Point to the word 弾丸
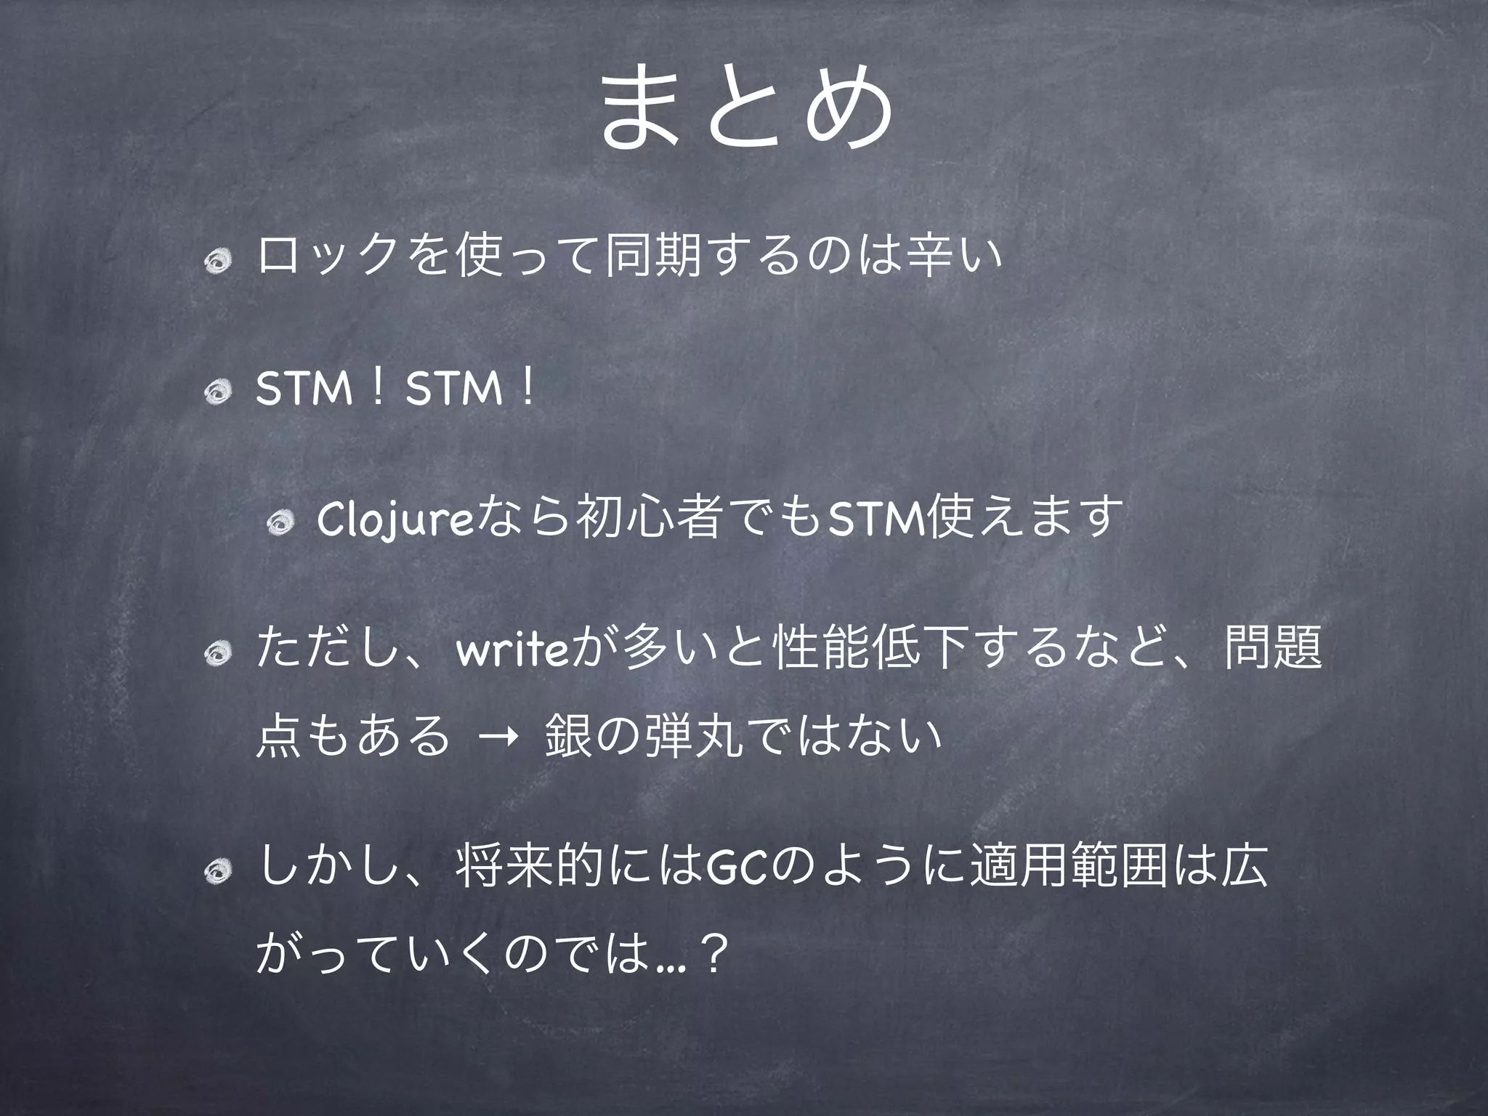(686, 737)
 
